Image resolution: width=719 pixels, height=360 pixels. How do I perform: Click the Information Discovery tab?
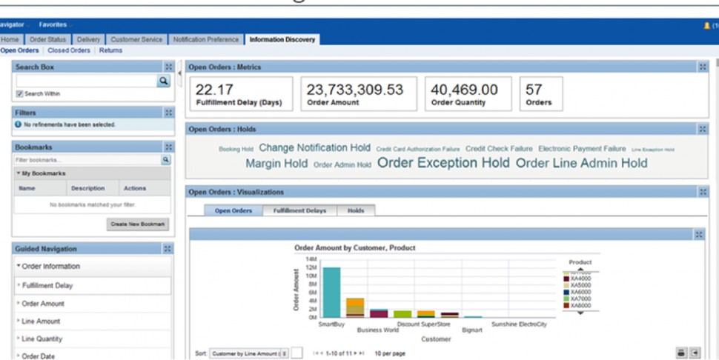click(x=282, y=39)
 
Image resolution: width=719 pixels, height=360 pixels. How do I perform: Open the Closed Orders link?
click(x=70, y=50)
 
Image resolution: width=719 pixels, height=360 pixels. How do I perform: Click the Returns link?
click(x=110, y=50)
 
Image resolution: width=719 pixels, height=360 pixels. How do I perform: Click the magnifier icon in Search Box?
click(x=167, y=81)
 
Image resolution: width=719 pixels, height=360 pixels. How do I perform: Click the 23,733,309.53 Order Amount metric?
click(x=355, y=90)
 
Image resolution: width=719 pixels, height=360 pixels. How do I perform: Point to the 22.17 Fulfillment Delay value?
click(x=215, y=90)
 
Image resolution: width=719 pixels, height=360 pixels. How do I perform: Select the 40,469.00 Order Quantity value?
click(x=464, y=90)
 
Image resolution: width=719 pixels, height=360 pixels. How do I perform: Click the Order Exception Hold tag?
click(x=443, y=163)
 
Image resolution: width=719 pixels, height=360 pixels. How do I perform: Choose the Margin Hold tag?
click(x=276, y=164)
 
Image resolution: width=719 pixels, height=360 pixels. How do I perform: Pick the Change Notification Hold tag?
click(x=315, y=148)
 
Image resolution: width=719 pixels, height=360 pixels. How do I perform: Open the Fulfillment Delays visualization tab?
click(x=299, y=210)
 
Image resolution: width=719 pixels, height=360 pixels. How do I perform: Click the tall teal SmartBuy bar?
click(x=331, y=292)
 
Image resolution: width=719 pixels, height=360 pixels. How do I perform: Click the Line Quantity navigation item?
click(x=42, y=339)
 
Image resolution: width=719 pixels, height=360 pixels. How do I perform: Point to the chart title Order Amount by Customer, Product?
click(x=354, y=247)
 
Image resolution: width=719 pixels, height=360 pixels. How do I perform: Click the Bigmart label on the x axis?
click(x=472, y=330)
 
